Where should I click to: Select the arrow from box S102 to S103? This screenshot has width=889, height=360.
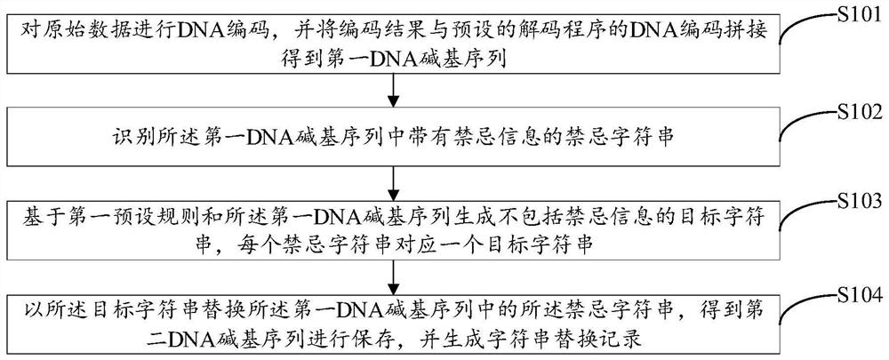click(392, 184)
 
